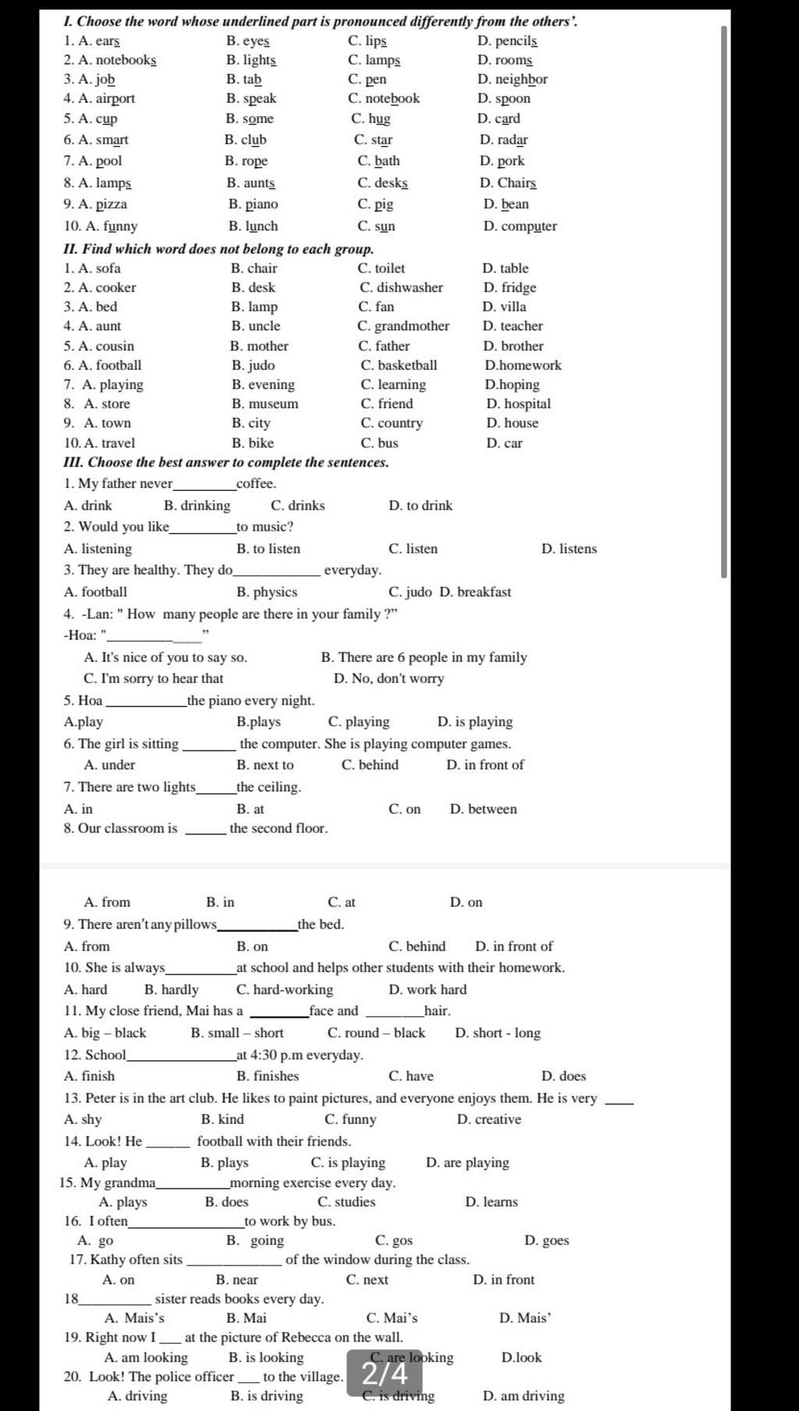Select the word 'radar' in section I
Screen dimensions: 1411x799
(513, 140)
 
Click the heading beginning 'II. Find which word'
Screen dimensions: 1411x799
(218, 249)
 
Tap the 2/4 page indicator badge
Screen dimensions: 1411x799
(385, 1373)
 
